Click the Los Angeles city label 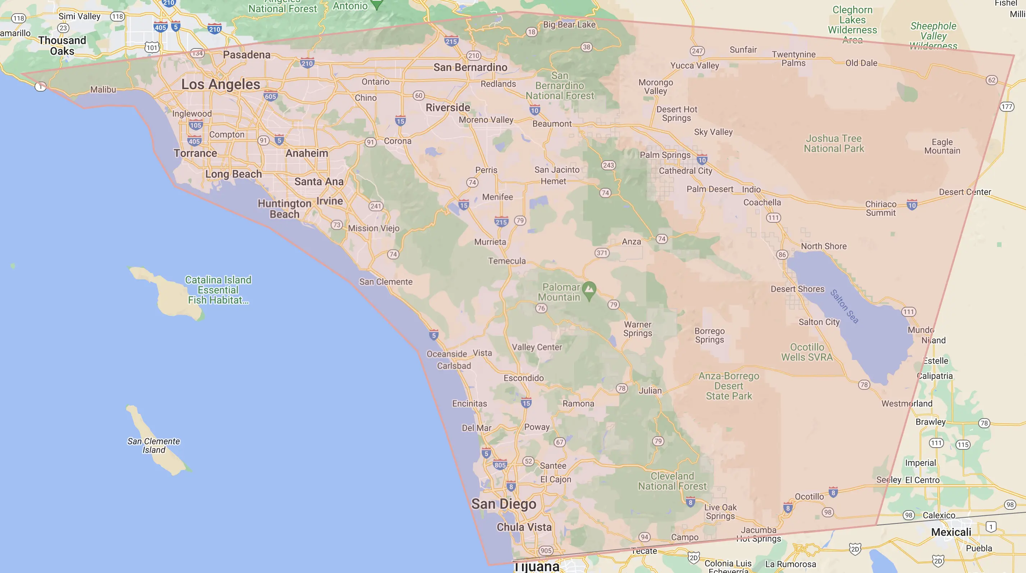(x=221, y=84)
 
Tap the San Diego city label (x=504, y=504)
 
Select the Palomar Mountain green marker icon (x=589, y=290)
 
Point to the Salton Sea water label (x=844, y=306)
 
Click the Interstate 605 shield (x=270, y=96)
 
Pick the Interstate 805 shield (x=500, y=465)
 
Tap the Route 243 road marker (x=608, y=165)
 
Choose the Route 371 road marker (x=602, y=253)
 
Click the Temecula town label (x=507, y=261)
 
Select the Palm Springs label (x=665, y=155)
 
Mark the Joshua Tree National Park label (x=834, y=144)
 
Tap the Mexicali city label (x=951, y=532)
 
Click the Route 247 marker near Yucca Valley (x=697, y=51)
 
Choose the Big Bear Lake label (x=569, y=25)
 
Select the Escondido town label (x=524, y=378)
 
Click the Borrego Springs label (x=710, y=336)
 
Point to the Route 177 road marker (x=1007, y=107)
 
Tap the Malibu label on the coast (x=103, y=89)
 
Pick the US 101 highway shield (x=152, y=48)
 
